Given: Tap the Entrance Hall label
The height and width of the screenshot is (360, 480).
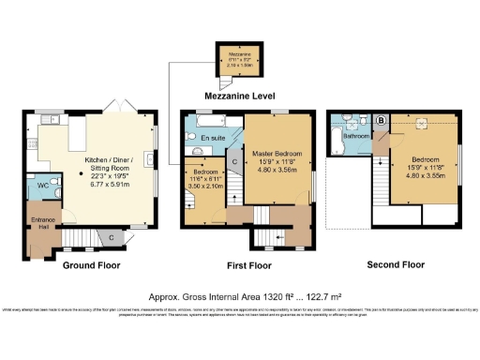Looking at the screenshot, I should point(39,225).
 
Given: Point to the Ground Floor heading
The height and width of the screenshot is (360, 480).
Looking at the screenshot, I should point(91,265).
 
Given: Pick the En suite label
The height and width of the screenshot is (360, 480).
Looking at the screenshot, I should point(213,138).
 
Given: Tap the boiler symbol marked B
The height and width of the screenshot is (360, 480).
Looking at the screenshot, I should point(381,121).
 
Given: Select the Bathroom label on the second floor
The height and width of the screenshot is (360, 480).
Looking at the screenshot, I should point(355,136).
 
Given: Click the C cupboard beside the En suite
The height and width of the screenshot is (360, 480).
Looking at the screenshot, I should point(234,160).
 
